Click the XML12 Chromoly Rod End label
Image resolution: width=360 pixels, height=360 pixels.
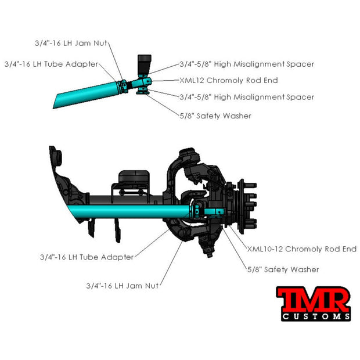coord(228,80)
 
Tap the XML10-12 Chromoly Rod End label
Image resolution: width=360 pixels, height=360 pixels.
coord(302,249)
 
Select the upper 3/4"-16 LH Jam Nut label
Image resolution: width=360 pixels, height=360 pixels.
coord(71,43)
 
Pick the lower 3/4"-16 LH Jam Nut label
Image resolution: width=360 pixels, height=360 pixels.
coord(122,286)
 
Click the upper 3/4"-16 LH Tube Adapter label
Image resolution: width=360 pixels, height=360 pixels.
coord(51,64)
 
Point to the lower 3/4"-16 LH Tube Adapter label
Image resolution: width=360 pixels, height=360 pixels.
coord(87,257)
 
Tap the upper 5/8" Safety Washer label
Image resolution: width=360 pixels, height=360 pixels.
coord(215,116)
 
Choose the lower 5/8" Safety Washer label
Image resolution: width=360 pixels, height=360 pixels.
coord(283,269)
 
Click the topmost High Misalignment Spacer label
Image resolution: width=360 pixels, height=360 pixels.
coord(247,64)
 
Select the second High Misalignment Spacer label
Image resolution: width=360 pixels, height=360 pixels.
coord(247,97)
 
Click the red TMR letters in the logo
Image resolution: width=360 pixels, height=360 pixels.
coord(314,299)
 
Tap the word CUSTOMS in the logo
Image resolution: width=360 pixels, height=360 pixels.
coord(316,316)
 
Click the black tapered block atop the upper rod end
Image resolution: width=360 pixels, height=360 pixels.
coord(144,64)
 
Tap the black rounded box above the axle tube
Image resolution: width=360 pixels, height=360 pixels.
coord(134,177)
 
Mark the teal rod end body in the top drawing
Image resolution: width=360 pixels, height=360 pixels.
coord(143,82)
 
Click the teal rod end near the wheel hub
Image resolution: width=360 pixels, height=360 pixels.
coord(214,212)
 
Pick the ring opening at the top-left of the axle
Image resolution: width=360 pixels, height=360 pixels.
coord(58,157)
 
